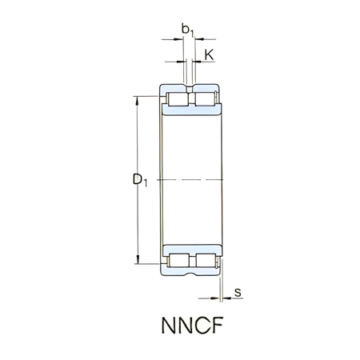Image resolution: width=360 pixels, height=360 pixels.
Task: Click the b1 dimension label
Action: point(189,30)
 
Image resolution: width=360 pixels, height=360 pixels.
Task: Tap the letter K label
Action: point(209,55)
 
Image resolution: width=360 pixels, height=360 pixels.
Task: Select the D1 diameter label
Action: point(141,181)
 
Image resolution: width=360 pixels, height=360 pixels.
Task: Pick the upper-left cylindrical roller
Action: point(178,100)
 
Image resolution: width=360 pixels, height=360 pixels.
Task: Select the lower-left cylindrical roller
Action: point(178,261)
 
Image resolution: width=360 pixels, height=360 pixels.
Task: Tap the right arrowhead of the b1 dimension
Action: point(198,38)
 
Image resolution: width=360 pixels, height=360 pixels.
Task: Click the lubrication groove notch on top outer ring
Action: point(190,85)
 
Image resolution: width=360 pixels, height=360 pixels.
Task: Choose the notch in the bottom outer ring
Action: point(190,276)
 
